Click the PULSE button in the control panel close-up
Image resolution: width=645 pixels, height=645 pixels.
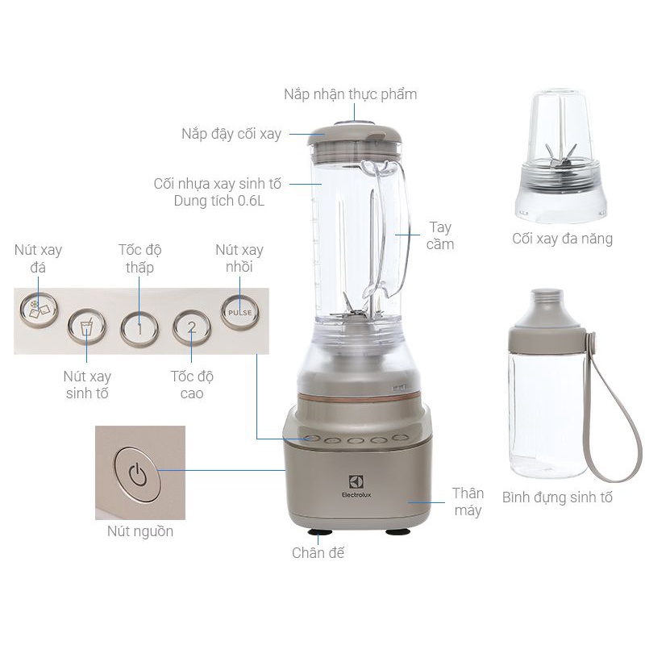click(239, 311)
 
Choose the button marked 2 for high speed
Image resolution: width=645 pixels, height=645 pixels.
click(191, 327)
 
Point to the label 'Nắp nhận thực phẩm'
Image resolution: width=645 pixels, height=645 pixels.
click(350, 94)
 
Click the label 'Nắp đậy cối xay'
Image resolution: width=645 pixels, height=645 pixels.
click(231, 134)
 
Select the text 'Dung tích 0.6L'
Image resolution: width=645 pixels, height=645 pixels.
click(219, 201)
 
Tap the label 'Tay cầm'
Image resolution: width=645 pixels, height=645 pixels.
click(440, 235)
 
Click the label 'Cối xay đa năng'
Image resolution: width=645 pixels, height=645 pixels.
click(562, 238)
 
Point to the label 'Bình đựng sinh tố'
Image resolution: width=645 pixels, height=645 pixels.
click(557, 497)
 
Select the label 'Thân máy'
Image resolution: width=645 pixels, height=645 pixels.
click(468, 501)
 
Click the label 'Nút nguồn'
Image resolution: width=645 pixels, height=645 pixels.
click(140, 531)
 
